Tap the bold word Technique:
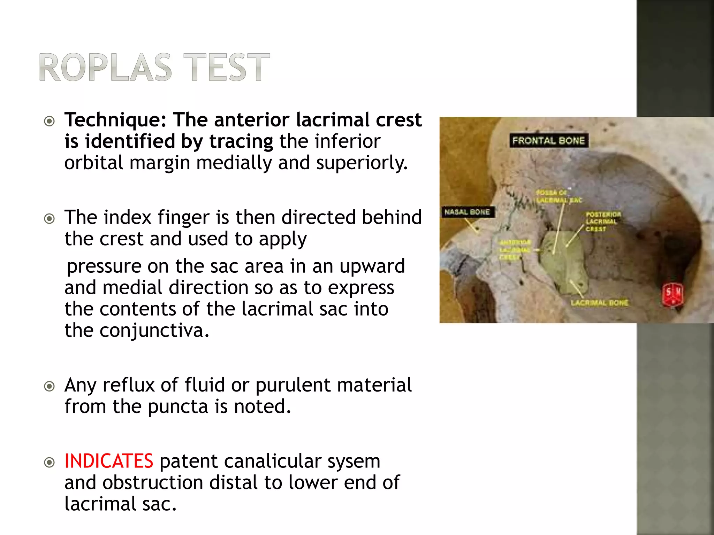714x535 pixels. coord(115,120)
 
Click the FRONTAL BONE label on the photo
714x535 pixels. coord(548,141)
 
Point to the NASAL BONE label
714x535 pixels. coord(467,212)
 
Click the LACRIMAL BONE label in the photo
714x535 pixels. coord(599,303)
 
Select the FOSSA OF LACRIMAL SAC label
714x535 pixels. coord(558,196)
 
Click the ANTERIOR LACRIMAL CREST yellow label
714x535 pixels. coord(515,249)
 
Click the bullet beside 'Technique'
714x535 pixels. coord(50,121)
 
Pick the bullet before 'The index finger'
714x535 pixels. coord(50,219)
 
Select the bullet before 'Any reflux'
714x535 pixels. coord(50,386)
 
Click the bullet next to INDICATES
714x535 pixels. coord(50,462)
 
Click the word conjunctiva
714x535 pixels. coord(154,330)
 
